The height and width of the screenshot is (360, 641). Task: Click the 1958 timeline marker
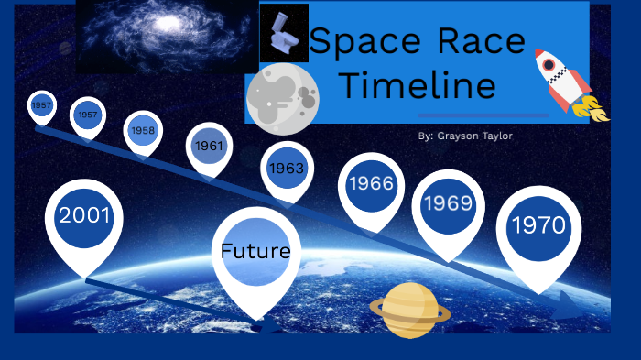(x=143, y=130)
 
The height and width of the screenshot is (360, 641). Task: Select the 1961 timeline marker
(x=208, y=146)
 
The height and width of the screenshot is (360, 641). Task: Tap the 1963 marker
(x=286, y=168)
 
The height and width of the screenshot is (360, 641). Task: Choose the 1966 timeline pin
(x=371, y=184)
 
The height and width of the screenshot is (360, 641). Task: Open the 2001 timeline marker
(x=84, y=217)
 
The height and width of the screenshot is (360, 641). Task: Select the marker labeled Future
(x=255, y=251)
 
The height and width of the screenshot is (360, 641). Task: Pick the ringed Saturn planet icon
(x=409, y=309)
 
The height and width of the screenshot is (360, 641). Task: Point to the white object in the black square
(x=283, y=33)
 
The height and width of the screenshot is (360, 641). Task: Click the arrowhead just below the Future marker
(x=271, y=324)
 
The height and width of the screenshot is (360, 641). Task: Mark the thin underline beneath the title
(x=483, y=115)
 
